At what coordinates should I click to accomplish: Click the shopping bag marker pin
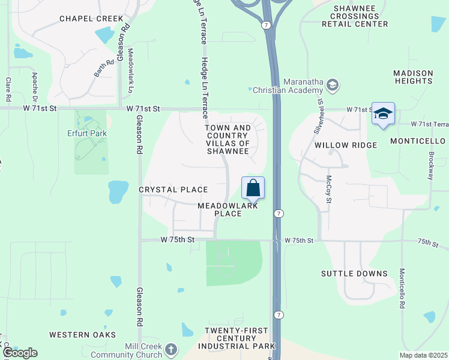(253, 188)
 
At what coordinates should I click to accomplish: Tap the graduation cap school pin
(382, 114)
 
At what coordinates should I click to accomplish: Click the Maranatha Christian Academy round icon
(332, 86)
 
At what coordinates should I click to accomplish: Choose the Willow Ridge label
(345, 145)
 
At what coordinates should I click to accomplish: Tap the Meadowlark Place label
(228, 209)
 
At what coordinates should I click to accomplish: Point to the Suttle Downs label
(354, 274)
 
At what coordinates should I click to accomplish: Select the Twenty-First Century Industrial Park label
(240, 338)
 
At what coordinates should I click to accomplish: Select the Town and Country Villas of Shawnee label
(228, 139)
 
